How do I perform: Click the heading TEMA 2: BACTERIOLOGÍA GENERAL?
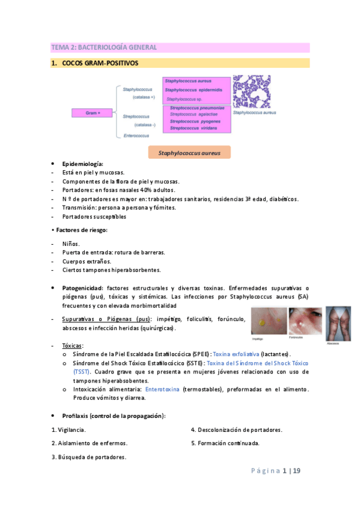(x=104, y=47)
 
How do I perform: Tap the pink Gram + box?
(x=92, y=112)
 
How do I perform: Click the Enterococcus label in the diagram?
(x=136, y=136)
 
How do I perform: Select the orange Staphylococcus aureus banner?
(x=189, y=153)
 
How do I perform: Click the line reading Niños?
(x=71, y=244)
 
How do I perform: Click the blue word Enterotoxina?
(x=162, y=389)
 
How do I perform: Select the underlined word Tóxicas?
(x=73, y=346)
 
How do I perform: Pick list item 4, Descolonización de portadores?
(x=236, y=429)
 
